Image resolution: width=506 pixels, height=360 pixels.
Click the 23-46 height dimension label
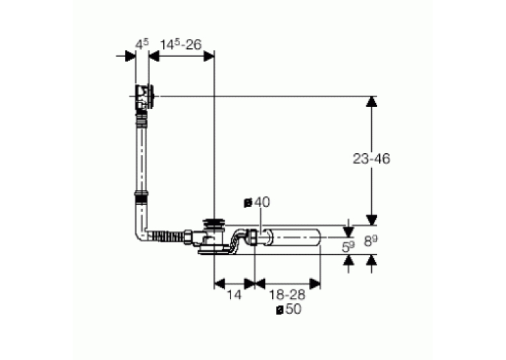click(371, 159)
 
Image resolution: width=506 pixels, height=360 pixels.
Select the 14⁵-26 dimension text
click(181, 44)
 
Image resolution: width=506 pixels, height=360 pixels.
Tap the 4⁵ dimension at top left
click(142, 44)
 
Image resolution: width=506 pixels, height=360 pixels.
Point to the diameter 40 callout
click(257, 203)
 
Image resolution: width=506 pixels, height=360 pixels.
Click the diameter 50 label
click(289, 309)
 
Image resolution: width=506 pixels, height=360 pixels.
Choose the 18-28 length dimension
click(287, 295)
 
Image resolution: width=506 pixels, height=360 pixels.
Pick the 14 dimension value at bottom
click(234, 295)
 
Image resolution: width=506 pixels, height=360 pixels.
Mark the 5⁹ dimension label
click(348, 246)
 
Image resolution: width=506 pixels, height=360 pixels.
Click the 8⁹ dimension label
click(371, 240)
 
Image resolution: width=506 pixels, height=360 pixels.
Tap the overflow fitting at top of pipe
click(145, 97)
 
